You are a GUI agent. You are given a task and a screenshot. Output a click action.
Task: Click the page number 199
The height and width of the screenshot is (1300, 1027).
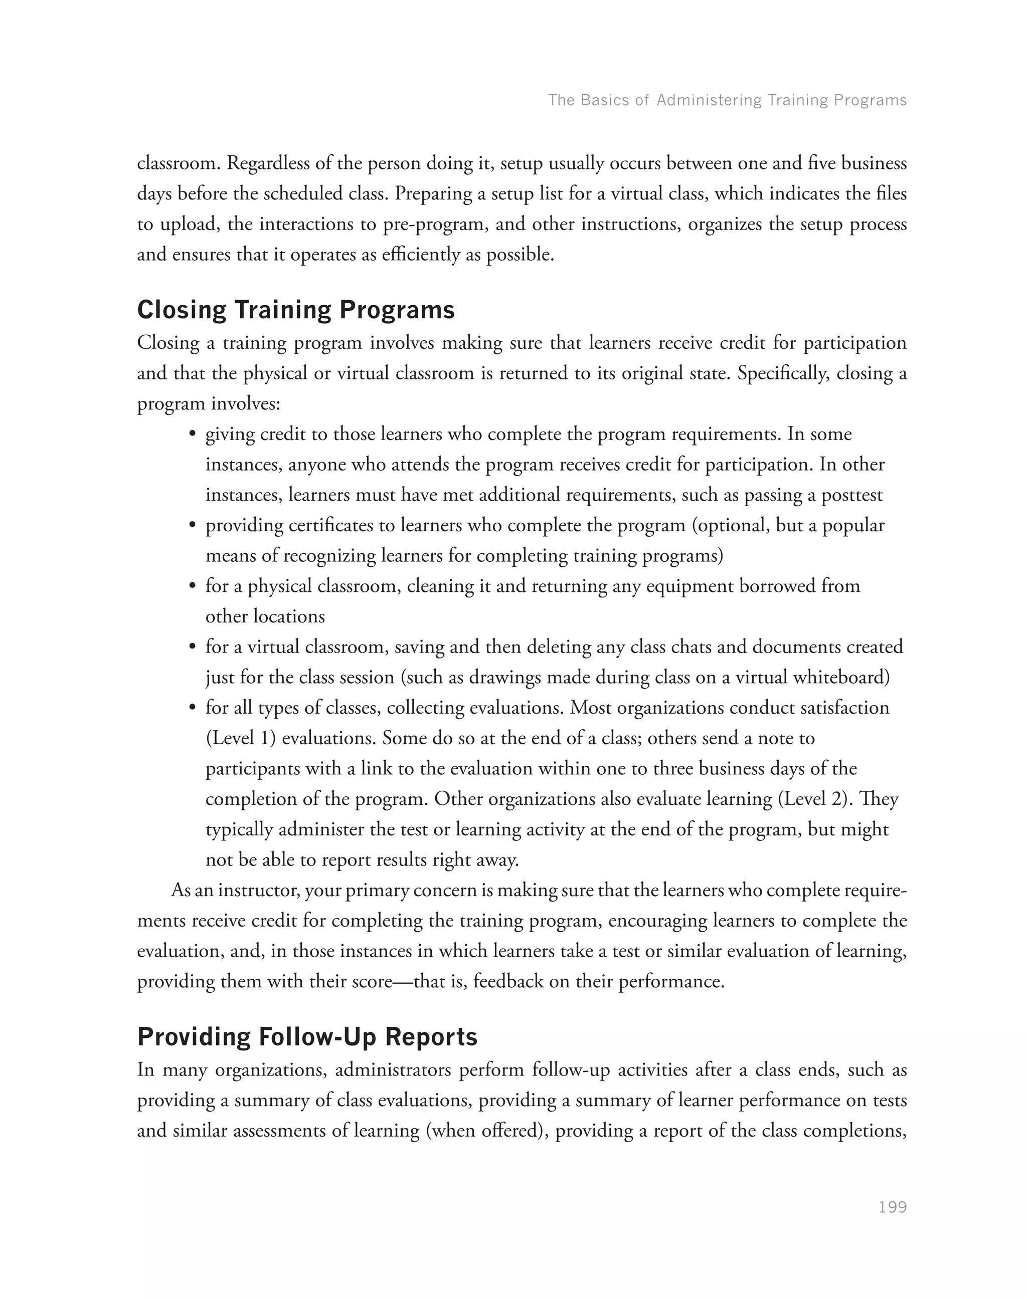(892, 1207)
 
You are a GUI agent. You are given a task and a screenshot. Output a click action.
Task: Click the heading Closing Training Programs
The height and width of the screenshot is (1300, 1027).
(296, 310)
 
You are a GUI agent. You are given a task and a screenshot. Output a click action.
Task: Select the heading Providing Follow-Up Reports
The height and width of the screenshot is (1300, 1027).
(307, 1037)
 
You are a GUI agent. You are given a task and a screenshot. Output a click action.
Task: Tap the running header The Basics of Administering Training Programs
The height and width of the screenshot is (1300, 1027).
(727, 100)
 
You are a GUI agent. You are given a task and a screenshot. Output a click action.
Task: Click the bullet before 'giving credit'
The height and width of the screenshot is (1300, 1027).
(193, 435)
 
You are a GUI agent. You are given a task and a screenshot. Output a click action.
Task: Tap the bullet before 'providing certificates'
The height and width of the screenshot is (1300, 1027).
(193, 526)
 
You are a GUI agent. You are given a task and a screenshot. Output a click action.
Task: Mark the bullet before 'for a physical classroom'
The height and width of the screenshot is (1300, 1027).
(193, 586)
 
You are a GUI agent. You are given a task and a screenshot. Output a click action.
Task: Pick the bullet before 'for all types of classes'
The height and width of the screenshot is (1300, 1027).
(193, 708)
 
